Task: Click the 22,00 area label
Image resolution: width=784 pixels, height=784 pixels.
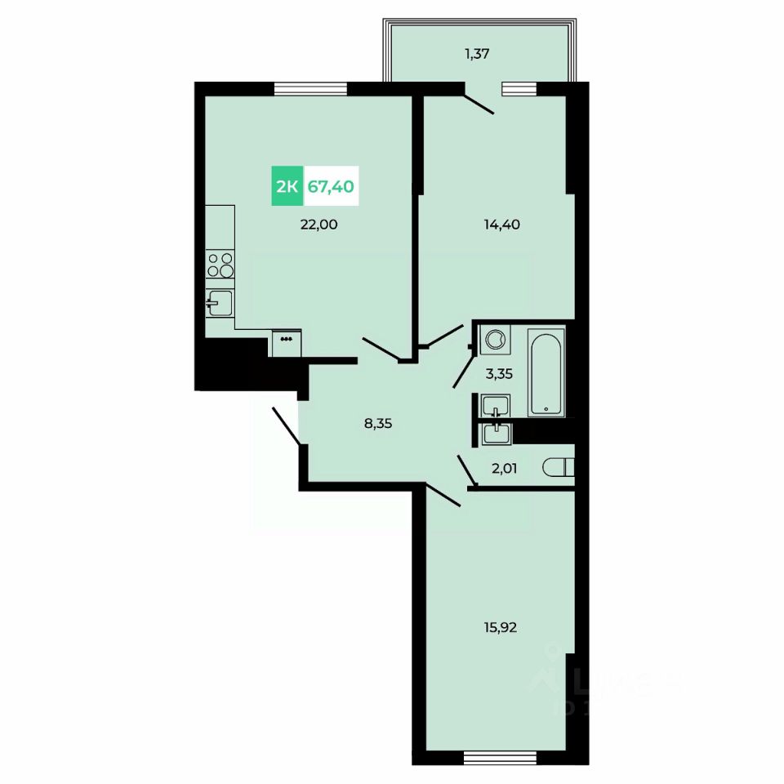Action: tap(318, 225)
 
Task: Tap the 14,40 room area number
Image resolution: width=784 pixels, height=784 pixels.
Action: tap(502, 225)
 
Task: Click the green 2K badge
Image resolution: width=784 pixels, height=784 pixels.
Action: tap(287, 186)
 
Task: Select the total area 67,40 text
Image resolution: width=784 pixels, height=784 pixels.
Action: tap(331, 186)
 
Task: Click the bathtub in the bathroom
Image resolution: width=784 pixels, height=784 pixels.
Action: tap(545, 372)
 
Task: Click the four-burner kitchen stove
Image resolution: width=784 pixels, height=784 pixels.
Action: tap(220, 265)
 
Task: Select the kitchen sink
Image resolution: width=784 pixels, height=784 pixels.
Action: tap(218, 305)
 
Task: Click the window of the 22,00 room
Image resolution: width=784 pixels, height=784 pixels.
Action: tap(311, 89)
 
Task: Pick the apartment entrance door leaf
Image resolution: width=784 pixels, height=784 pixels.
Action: tap(285, 425)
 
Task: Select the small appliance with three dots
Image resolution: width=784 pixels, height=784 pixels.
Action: tap(286, 342)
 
